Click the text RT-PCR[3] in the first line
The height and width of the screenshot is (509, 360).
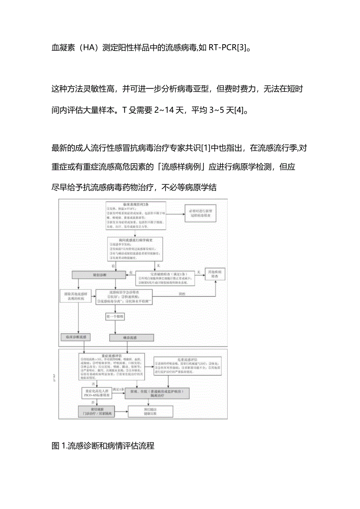227,49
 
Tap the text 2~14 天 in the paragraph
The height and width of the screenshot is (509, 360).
167,111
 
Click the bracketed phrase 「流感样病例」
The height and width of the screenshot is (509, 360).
181,166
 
